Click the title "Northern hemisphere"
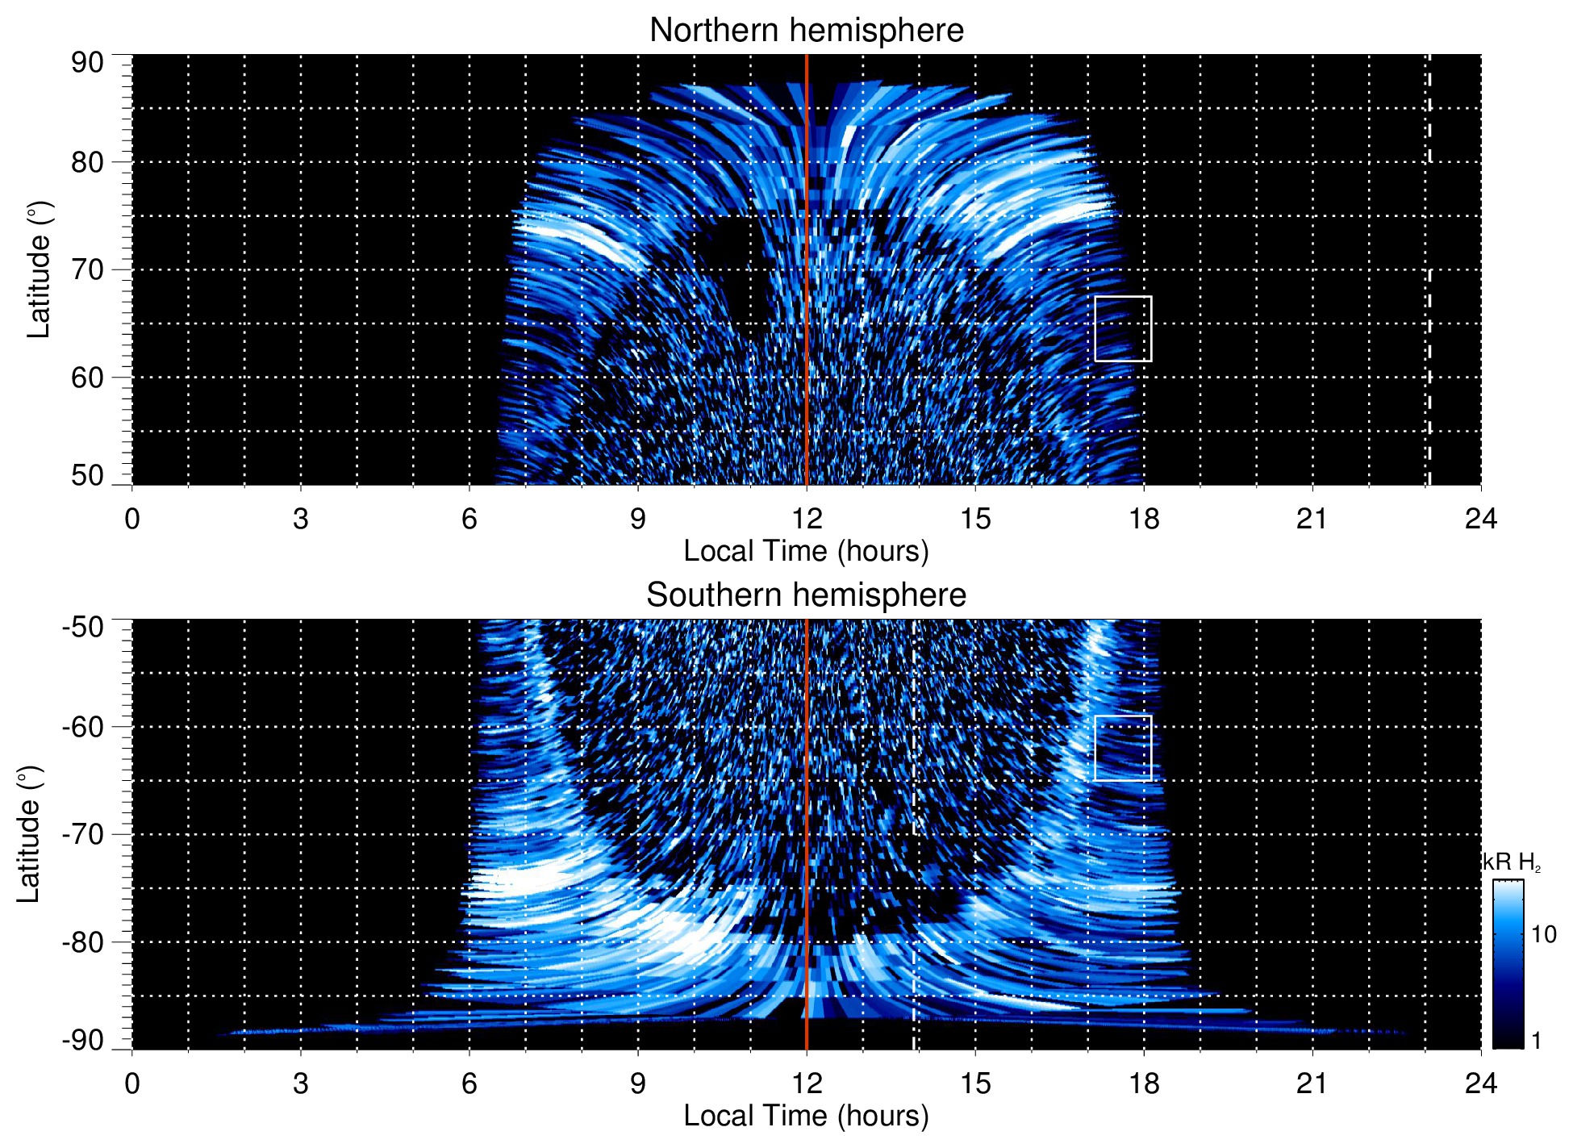pyautogui.click(x=806, y=31)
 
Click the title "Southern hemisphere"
pyautogui.click(x=806, y=595)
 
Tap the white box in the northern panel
pyautogui.click(x=1123, y=328)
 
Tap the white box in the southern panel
pyautogui.click(x=1123, y=748)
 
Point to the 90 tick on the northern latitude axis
pyautogui.click(x=87, y=62)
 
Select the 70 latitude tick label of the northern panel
pyautogui.click(x=87, y=269)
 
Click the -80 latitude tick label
pyautogui.click(x=83, y=941)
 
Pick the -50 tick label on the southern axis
pyautogui.click(x=83, y=626)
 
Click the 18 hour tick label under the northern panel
pyautogui.click(x=1143, y=519)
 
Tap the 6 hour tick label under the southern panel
pyautogui.click(x=469, y=1083)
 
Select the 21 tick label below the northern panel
pyautogui.click(x=1312, y=519)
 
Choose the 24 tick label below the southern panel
pyautogui.click(x=1480, y=1083)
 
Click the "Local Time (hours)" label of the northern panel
pyautogui.click(x=806, y=551)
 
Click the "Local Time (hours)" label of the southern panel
pyautogui.click(x=806, y=1116)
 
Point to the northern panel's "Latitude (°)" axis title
pyautogui.click(x=39, y=269)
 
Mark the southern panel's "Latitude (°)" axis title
pyautogui.click(x=29, y=834)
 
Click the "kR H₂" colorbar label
pyautogui.click(x=1511, y=862)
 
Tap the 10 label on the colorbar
pyautogui.click(x=1543, y=934)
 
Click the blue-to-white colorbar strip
pyautogui.click(x=1508, y=964)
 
